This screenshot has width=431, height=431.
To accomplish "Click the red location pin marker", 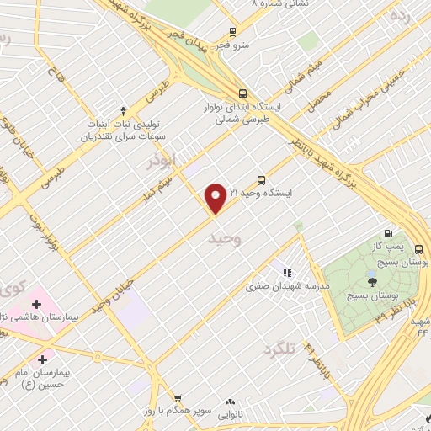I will point(216,197).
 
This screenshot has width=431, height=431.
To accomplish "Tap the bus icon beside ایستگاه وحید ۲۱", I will point(261,180).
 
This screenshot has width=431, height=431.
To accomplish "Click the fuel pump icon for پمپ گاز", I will point(387,233).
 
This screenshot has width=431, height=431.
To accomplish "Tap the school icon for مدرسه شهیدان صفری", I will point(287,273).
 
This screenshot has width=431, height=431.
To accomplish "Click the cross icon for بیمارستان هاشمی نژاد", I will point(36,303).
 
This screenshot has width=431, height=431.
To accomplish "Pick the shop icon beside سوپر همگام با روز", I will point(178,397).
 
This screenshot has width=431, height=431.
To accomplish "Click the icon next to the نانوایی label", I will point(230,402).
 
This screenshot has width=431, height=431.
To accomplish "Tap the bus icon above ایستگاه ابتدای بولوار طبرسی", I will point(243,93).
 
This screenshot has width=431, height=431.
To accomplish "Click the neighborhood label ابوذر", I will point(161,160).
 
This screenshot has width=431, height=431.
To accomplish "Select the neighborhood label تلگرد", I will point(280,348).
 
